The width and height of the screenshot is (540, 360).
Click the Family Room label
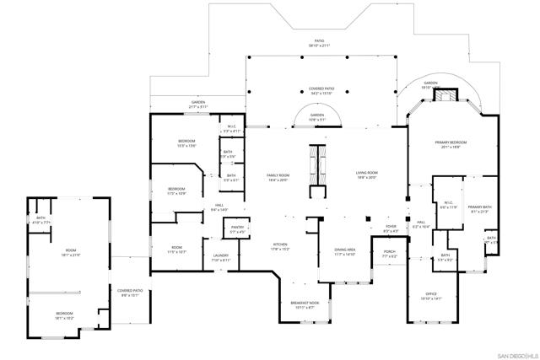click(278, 177)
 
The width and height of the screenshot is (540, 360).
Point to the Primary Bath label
click(479, 209)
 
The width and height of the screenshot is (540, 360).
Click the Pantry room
click(237, 229)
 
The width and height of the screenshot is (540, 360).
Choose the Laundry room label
click(220, 258)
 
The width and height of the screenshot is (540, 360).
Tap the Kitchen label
click(280, 247)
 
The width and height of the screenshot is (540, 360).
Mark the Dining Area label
click(345, 251)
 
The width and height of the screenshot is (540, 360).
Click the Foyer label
click(391, 228)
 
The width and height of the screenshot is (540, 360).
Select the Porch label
click(389, 254)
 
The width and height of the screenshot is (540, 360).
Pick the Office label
click(431, 296)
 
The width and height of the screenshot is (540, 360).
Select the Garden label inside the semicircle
click(317, 117)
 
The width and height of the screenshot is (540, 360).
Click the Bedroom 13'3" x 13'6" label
click(186, 143)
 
